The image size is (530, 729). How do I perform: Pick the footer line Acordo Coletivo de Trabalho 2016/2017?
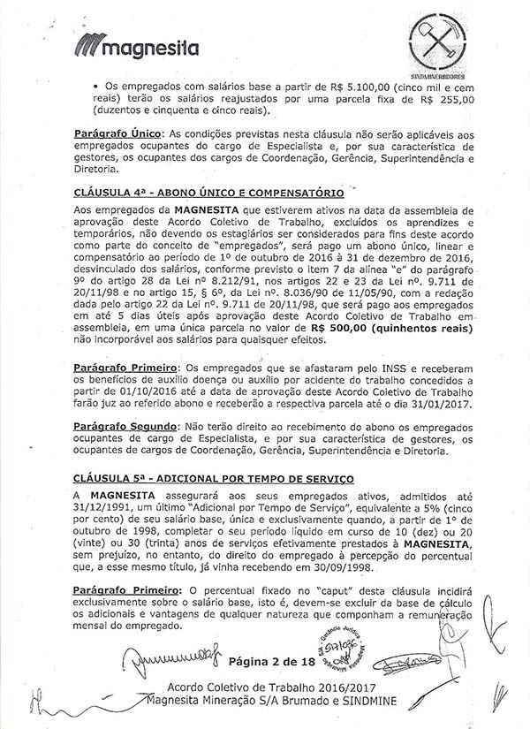[265, 688]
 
